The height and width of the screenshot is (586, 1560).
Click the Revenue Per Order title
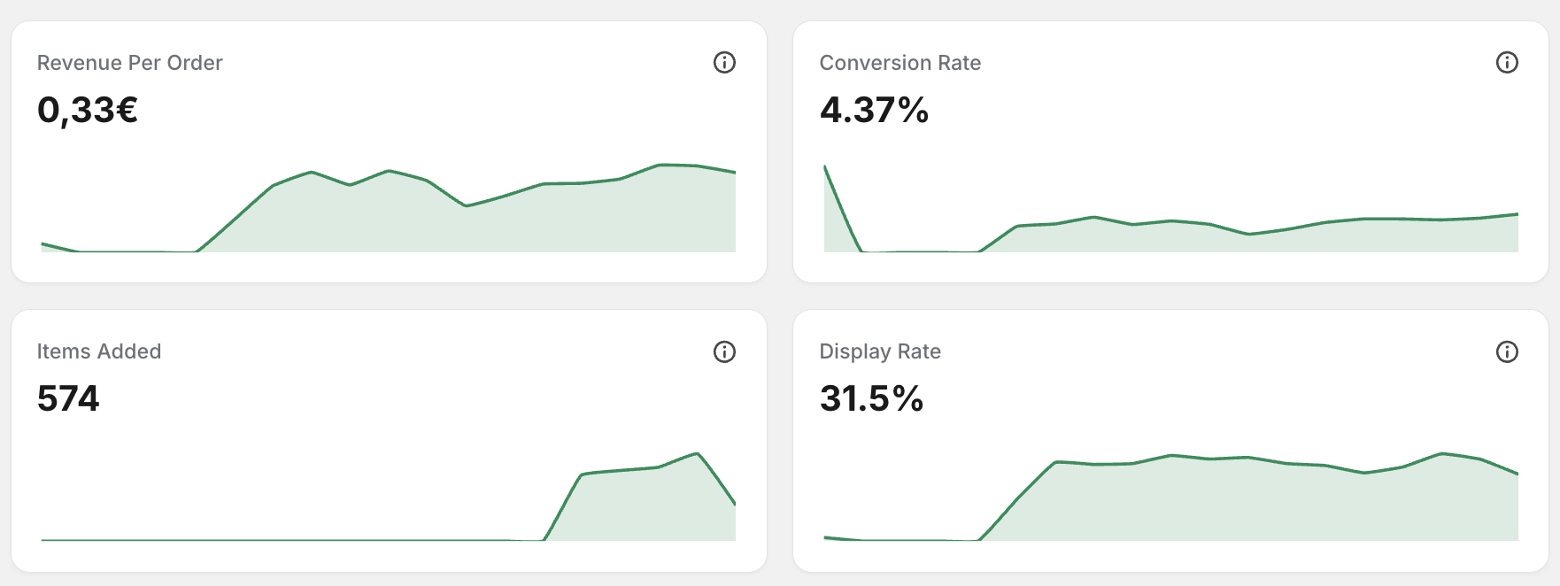pos(129,63)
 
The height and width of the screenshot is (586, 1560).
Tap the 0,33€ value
pos(88,110)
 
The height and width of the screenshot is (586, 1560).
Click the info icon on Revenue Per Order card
pos(724,63)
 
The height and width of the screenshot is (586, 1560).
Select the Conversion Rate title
pos(900,63)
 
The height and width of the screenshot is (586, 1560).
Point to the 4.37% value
pos(874,110)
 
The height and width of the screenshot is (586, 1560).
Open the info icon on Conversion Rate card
pos(1507,63)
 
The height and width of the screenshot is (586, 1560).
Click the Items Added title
pos(99,351)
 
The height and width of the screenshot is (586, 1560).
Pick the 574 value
pos(68,398)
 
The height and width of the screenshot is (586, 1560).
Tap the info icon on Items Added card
pos(724,352)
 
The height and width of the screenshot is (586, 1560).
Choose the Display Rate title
pos(880,351)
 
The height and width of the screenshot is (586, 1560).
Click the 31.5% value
pos(872,398)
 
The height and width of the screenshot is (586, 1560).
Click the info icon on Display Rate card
pos(1507,352)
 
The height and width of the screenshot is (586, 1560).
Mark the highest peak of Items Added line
pos(698,454)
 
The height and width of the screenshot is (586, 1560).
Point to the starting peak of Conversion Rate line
pos(825,166)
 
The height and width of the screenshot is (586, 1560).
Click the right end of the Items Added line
pos(735,504)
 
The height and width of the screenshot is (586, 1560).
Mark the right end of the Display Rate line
pos(1518,474)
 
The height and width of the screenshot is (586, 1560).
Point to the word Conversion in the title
pos(876,63)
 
